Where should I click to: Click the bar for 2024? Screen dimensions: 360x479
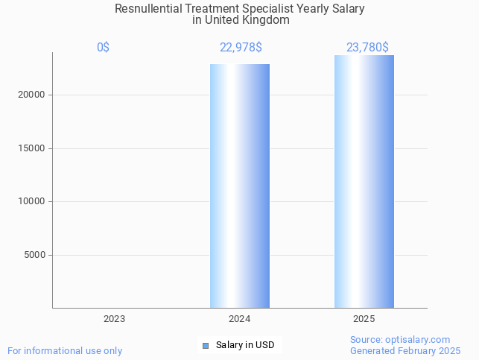[x=239, y=186]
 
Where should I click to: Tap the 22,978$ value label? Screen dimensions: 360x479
[x=240, y=48]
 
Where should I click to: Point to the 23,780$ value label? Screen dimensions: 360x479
[x=367, y=48]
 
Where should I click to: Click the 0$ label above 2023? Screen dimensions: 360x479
[x=103, y=48]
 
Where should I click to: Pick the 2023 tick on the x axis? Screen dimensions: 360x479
[x=114, y=319]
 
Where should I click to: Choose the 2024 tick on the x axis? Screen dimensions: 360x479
[x=239, y=319]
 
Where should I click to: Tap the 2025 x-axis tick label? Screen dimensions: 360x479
[x=364, y=319]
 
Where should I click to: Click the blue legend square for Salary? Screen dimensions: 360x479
[x=206, y=345]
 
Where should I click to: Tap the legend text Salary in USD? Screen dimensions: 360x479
[x=245, y=345]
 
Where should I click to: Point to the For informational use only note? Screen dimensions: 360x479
[x=65, y=350]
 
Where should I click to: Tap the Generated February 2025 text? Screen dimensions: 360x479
[x=405, y=350]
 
